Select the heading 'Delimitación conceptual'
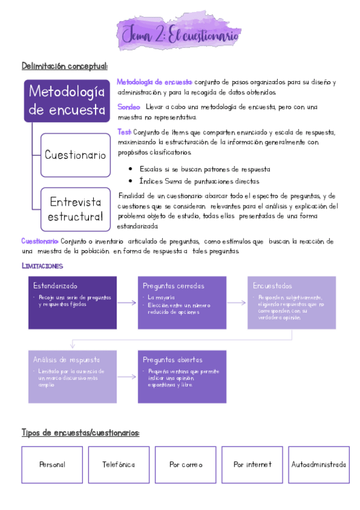pyautogui.click(x=64, y=66)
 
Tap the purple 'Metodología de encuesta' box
pyautogui.click(x=67, y=101)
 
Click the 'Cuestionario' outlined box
pyautogui.click(x=75, y=155)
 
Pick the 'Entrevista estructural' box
pyautogui.click(x=75, y=209)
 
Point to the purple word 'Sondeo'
pyautogui.click(x=129, y=107)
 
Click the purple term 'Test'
pyautogui.click(x=124, y=132)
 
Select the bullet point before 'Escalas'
pyautogui.click(x=130, y=170)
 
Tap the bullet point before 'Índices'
pyautogui.click(x=130, y=181)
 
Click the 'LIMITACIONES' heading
pyautogui.click(x=42, y=265)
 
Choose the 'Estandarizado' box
pyautogui.click(x=72, y=303)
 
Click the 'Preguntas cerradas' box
pyautogui.click(x=182, y=303)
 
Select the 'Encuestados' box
pyautogui.click(x=291, y=303)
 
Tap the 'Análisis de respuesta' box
pyautogui.click(x=72, y=376)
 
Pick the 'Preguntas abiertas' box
pyautogui.click(x=182, y=376)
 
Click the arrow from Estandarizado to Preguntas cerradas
pyautogui.click(x=127, y=303)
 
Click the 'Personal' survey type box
pyautogui.click(x=52, y=465)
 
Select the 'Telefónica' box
pyautogui.click(x=118, y=465)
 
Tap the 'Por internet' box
pyautogui.click(x=252, y=465)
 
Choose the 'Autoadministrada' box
pyautogui.click(x=319, y=465)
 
